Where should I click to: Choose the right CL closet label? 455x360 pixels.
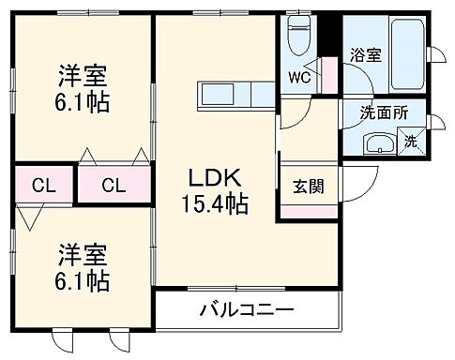coord(113,184)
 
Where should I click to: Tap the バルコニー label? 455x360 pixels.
coord(246,310)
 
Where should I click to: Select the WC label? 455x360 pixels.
coord(299,76)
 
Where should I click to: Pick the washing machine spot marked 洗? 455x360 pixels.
coord(411,142)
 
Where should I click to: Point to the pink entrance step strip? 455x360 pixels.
coord(310,212)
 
